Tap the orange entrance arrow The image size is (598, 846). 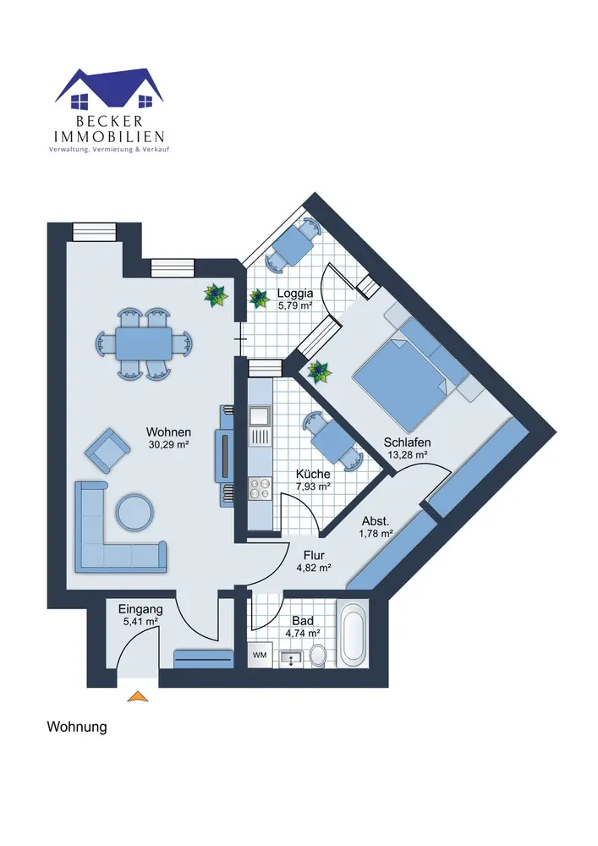coord(137,696)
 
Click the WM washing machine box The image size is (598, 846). coord(260,655)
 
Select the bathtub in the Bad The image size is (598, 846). coord(353,634)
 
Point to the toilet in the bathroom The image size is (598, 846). coord(319,655)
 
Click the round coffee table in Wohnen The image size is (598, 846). coord(134,512)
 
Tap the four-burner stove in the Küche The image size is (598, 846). coord(259,487)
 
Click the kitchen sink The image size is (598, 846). coord(259,416)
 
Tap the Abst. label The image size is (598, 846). coord(376,520)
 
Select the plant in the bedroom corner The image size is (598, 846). coord(319,371)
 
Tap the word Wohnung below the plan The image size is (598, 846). coord(76,727)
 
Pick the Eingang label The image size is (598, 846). coord(140,608)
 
